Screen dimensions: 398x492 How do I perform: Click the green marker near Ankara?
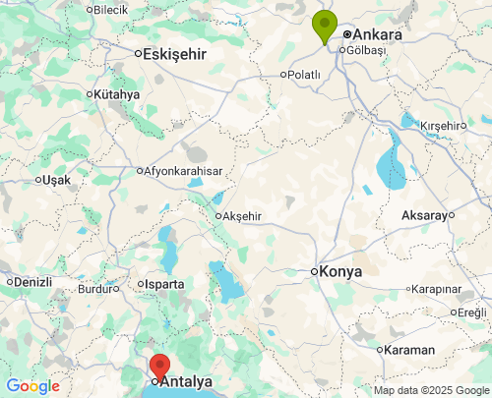pos(324,26)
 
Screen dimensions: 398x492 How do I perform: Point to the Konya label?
pos(341,271)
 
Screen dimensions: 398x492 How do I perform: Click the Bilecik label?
pos(109,10)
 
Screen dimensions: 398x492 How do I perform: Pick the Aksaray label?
pos(424,215)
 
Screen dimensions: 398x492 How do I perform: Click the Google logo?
pos(32,386)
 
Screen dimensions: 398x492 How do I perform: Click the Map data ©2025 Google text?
pos(430,390)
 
